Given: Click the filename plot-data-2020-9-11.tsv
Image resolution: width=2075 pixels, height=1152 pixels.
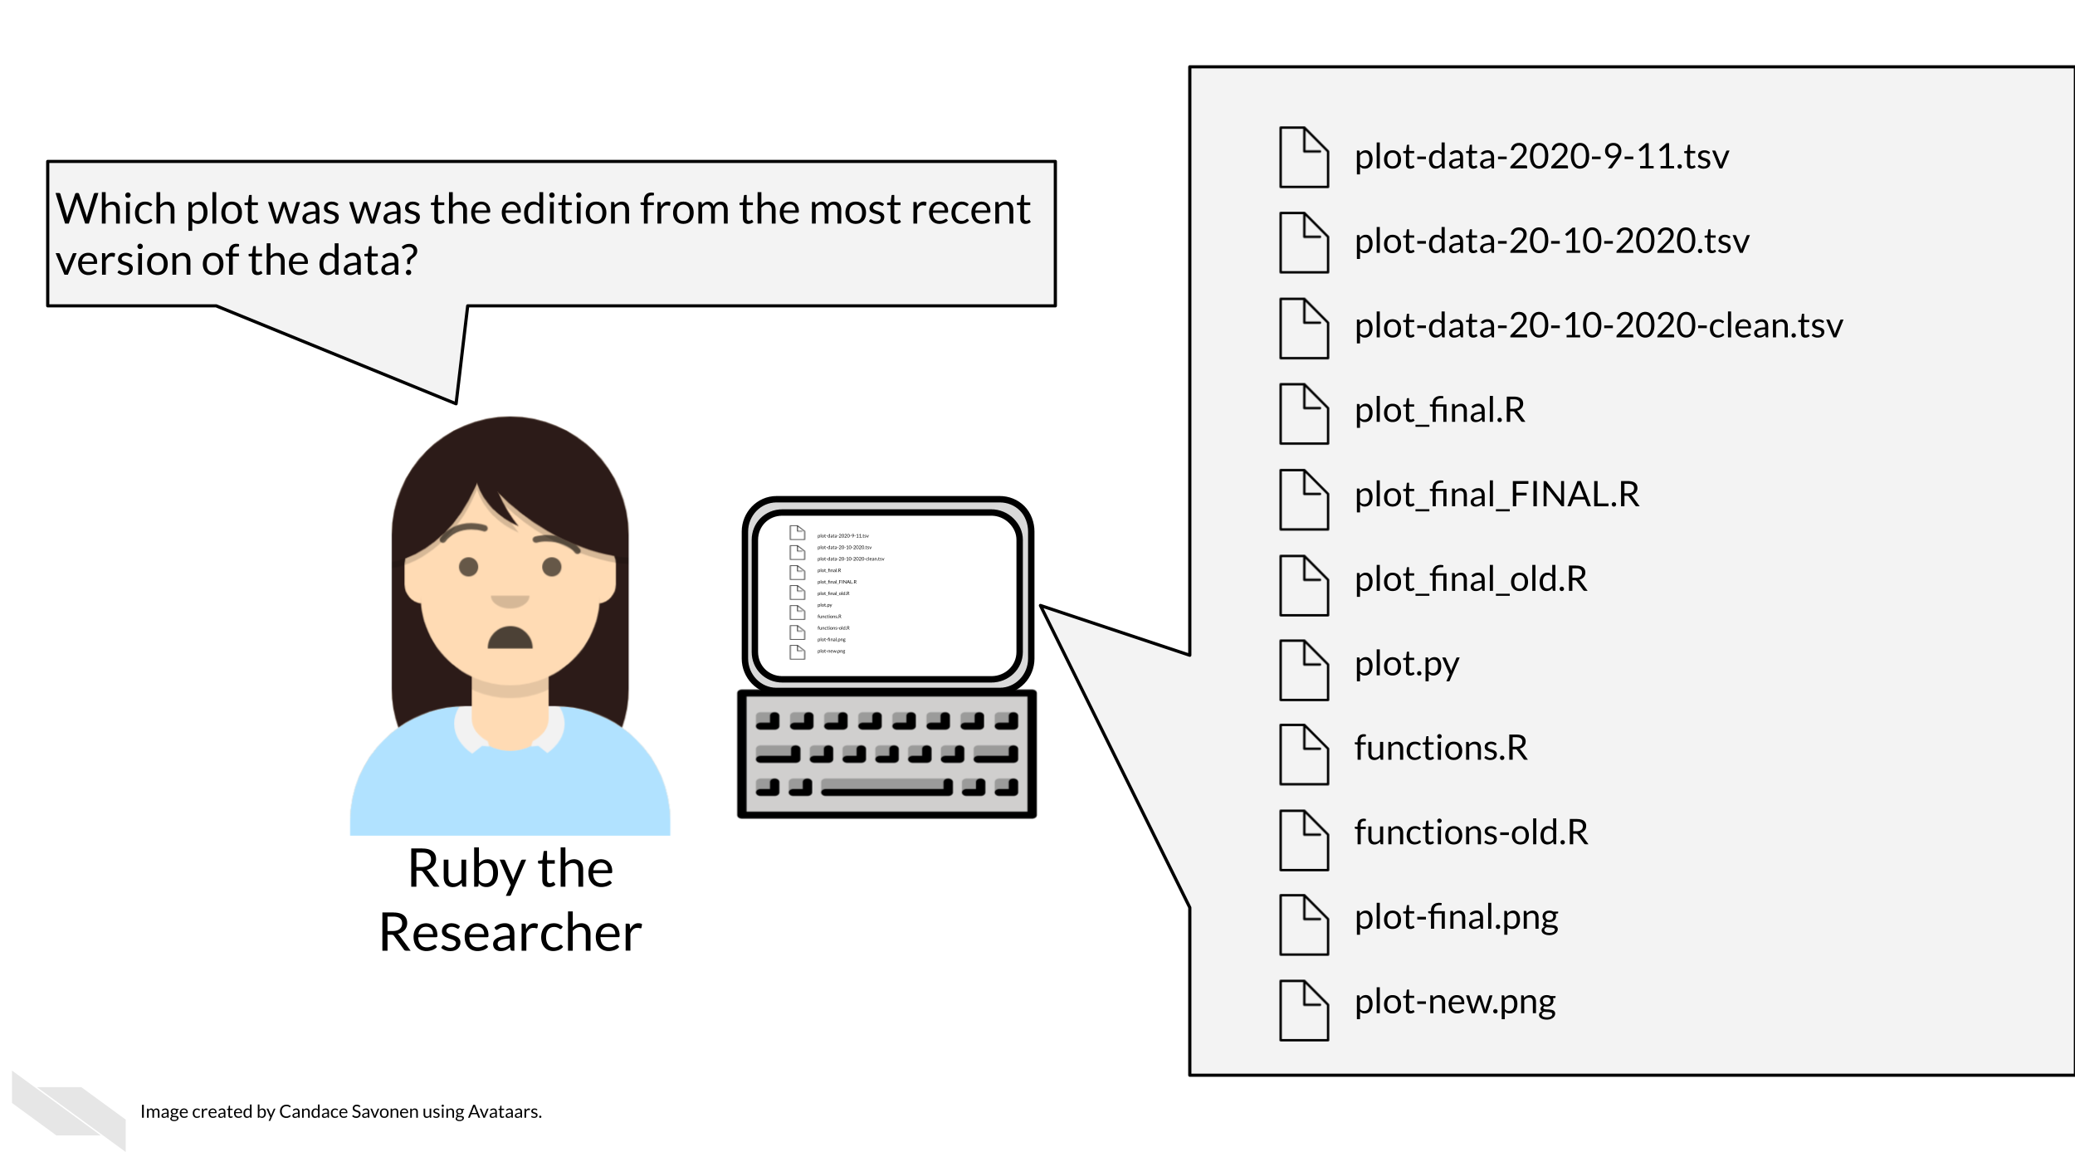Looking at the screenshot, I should [x=1541, y=157].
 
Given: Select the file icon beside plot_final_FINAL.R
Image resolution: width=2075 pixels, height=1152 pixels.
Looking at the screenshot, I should [x=1303, y=500].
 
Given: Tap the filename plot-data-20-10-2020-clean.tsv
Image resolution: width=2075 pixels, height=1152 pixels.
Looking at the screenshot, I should [x=1598, y=326].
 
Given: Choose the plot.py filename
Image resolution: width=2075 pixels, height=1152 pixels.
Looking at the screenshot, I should [x=1406, y=665].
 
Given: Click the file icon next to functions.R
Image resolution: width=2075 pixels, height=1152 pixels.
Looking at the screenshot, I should [x=1303, y=754].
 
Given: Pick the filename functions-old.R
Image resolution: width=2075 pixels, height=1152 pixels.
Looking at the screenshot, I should [x=1471, y=832].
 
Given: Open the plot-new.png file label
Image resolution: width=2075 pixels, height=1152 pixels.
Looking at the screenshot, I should [x=1454, y=1003].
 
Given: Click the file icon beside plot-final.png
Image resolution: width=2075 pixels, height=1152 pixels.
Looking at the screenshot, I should [x=1303, y=925].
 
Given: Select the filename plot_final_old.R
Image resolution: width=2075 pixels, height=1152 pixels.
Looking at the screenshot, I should [x=1470, y=579].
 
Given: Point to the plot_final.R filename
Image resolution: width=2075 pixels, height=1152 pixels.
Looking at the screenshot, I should [x=1439, y=411].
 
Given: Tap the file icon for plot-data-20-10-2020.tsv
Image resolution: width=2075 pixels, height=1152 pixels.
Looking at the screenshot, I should [x=1303, y=242].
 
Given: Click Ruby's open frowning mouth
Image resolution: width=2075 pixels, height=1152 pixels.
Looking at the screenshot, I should [x=510, y=637].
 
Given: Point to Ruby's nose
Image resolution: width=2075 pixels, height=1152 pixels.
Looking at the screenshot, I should [x=510, y=600].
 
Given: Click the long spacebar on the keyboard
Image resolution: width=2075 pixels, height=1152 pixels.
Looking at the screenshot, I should [x=886, y=787].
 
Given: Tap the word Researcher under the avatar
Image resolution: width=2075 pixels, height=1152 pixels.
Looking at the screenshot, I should [x=510, y=933].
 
